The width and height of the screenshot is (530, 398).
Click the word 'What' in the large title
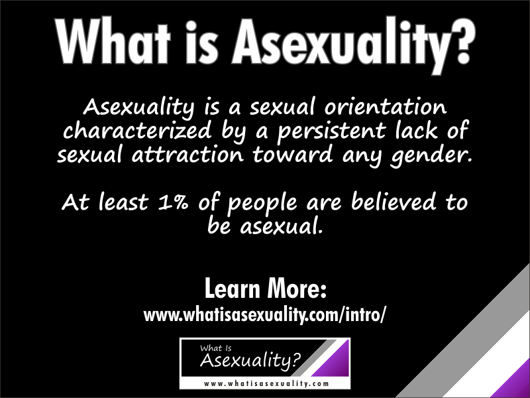[x=113, y=41]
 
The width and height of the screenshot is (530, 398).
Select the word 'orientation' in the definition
[x=386, y=106]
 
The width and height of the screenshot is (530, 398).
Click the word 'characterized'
[x=137, y=130]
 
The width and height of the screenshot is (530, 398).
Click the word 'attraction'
[x=187, y=155]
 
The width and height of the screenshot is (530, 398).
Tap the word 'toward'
[x=292, y=154]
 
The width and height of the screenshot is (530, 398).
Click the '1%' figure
[x=172, y=202]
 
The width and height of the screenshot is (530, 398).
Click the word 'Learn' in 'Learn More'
[x=233, y=289]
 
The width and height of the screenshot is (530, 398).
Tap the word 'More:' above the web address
[x=297, y=289]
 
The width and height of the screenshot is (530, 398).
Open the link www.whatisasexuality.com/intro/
[x=264, y=314]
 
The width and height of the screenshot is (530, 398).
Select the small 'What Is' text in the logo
[x=216, y=348]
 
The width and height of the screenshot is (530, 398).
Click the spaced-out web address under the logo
[x=266, y=384]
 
